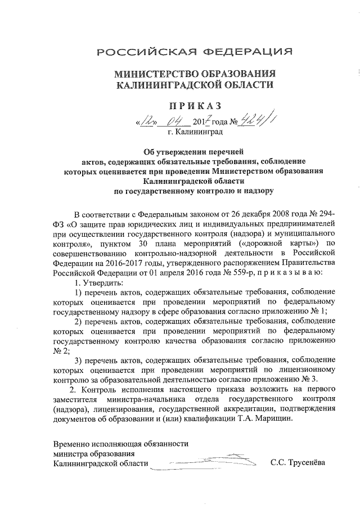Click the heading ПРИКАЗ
[x=194, y=106]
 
